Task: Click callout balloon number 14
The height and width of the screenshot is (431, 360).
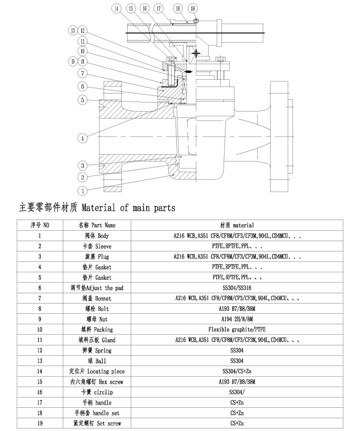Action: tap(117, 9)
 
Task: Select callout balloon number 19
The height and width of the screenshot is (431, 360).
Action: tap(193, 9)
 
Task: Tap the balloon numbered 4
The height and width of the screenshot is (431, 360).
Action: tap(83, 138)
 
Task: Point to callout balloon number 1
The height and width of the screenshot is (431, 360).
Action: tap(83, 190)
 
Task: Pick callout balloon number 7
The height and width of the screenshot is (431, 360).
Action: tap(83, 73)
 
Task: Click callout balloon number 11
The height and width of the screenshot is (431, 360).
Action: tap(83, 41)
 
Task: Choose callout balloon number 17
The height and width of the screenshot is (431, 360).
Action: tap(158, 9)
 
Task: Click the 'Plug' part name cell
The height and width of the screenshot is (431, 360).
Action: tap(97, 257)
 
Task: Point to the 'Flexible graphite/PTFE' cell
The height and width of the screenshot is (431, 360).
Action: tap(237, 329)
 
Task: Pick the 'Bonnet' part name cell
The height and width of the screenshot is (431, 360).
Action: tap(97, 298)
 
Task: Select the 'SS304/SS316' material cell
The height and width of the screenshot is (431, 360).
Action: tap(237, 288)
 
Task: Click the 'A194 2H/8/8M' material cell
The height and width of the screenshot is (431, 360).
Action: tap(237, 319)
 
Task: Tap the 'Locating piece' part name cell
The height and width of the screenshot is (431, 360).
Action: tap(97, 371)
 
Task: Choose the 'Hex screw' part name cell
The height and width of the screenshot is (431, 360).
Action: tap(97, 381)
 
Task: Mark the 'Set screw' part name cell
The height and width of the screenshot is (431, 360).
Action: tap(97, 423)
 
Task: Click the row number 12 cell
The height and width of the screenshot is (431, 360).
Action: tap(40, 350)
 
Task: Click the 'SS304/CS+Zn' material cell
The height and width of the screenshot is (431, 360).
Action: tap(237, 371)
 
